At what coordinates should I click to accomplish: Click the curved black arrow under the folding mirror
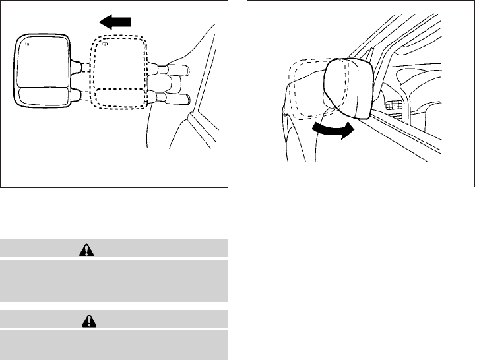pyautogui.click(x=331, y=131)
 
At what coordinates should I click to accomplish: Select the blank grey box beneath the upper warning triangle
pyautogui.click(x=114, y=280)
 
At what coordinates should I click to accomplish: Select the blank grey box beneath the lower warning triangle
pyautogui.click(x=114, y=344)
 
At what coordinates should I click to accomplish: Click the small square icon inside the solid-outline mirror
pyautogui.click(x=27, y=44)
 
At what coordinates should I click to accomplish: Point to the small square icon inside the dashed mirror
pyautogui.click(x=105, y=45)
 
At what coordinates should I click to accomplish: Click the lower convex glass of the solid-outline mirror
pyautogui.click(x=42, y=96)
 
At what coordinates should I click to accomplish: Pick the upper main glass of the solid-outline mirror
pyautogui.click(x=42, y=63)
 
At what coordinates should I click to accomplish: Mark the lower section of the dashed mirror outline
pyautogui.click(x=119, y=98)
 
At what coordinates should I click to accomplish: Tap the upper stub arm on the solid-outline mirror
pyautogui.click(x=77, y=67)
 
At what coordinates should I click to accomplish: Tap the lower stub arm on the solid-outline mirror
pyautogui.click(x=77, y=97)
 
